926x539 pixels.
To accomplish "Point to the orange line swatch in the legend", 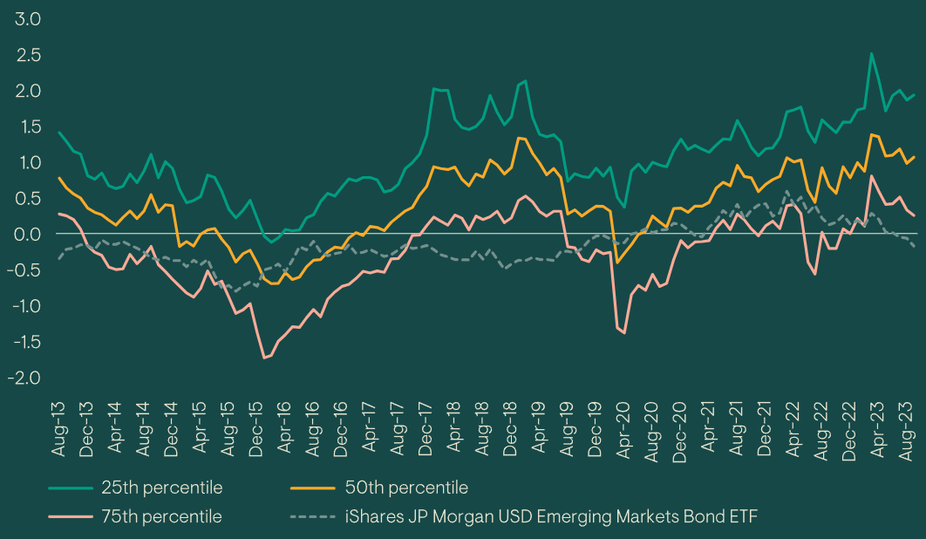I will pos(315,488).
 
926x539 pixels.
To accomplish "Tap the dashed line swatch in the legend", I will pos(315,516).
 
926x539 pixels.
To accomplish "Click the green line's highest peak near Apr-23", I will pos(870,53).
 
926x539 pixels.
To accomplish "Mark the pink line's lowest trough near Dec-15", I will pos(264,358).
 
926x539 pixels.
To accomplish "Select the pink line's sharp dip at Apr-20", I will pos(623,332).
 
